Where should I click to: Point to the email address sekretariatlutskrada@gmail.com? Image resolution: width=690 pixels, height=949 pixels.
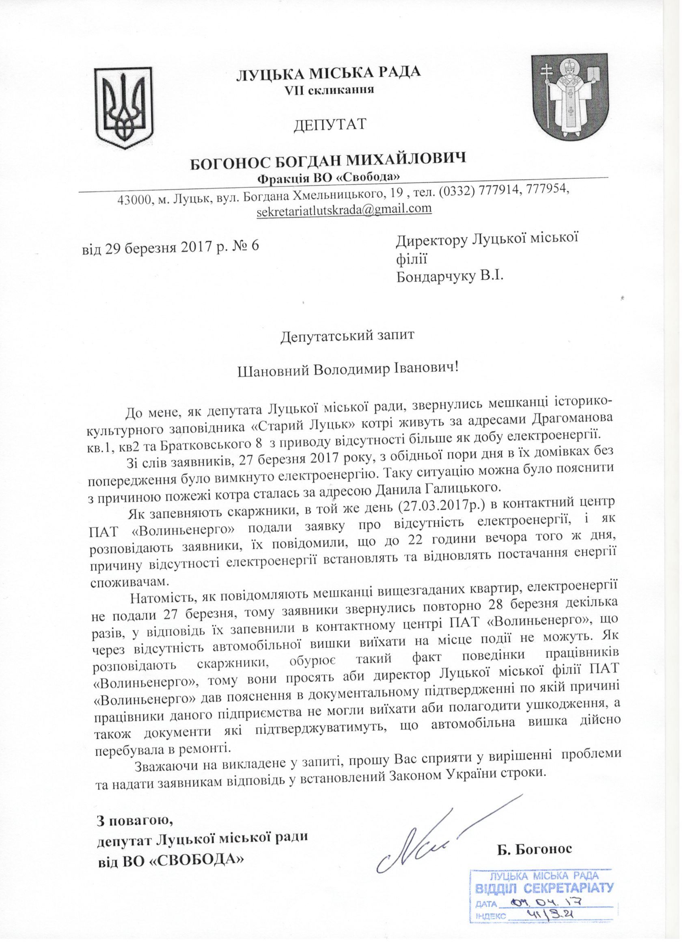click(344, 209)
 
